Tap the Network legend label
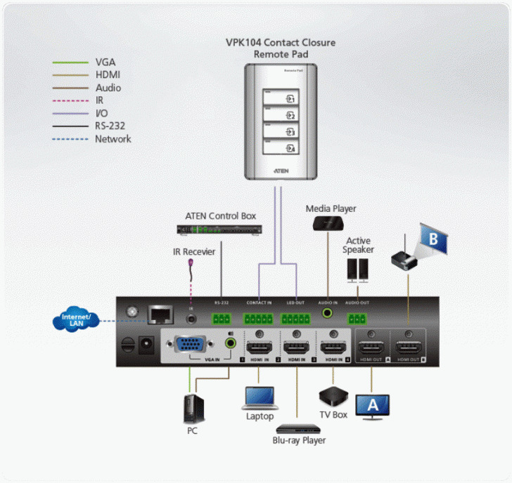(113, 139)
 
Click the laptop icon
(259, 397)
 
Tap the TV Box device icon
(333, 395)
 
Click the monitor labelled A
(373, 405)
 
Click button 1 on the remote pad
(281, 98)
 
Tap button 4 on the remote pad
(281, 148)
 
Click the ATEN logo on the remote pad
(281, 171)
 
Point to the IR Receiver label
(194, 251)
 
